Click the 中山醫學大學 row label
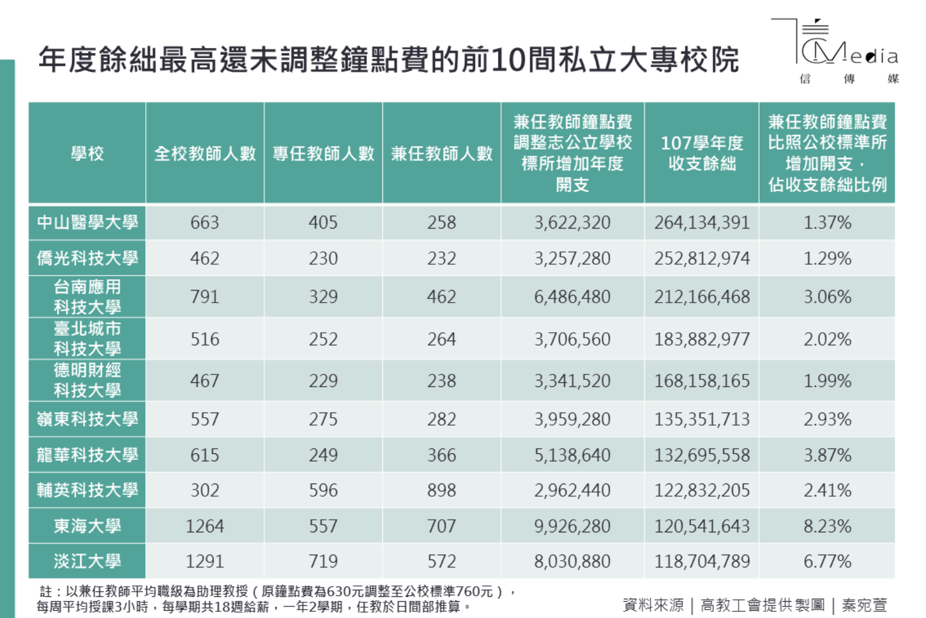click(87, 222)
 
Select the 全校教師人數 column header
click(205, 154)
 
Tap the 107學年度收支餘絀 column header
click(702, 153)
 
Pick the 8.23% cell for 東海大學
click(827, 526)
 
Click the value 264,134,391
click(702, 222)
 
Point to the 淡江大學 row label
click(87, 561)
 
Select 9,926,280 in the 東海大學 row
click(572, 526)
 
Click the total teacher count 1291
click(205, 561)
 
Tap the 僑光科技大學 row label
click(87, 258)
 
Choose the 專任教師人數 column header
click(323, 154)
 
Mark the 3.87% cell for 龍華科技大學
click(827, 455)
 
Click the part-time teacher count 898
click(441, 490)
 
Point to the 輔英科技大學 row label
click(87, 490)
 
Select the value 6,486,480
click(572, 297)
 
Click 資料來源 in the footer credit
click(653, 605)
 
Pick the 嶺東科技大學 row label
click(87, 419)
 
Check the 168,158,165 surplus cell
click(702, 381)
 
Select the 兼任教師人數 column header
click(441, 154)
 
